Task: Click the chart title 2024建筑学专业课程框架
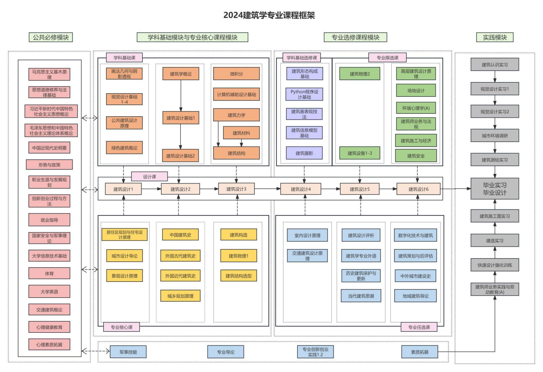[269, 15]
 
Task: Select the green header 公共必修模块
[51, 37]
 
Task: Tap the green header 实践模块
[494, 37]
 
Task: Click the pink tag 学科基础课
[124, 57]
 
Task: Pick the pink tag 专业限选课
[387, 57]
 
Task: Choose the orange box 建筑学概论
[181, 74]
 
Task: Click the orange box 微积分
[236, 74]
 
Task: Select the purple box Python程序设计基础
[304, 94]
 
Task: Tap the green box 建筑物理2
[360, 74]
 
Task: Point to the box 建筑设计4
[300, 189]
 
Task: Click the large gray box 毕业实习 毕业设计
[494, 189]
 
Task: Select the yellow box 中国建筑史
[180, 235]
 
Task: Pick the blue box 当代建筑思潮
[361, 296]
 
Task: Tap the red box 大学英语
[49, 291]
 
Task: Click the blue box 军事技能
[128, 352]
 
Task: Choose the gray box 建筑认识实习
[494, 65]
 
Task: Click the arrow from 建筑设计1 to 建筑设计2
[151, 189]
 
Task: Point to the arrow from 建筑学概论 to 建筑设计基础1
[181, 95]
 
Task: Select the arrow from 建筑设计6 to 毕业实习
[455, 189]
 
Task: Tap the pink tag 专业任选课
[419, 327]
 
